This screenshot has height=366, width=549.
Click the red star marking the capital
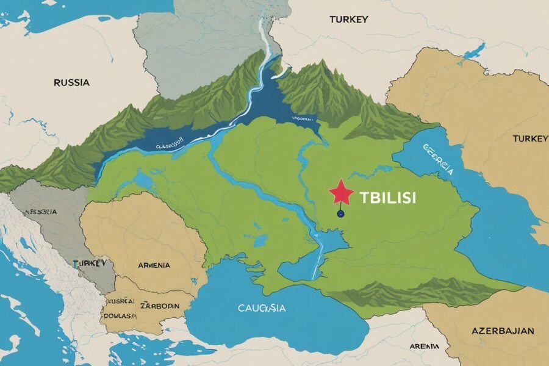coord(342,194)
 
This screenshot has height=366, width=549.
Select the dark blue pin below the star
coord(340,213)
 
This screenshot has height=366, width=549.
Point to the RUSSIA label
coord(71,82)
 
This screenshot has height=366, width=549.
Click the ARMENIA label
coord(154,265)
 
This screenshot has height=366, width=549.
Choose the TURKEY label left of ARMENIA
coord(90,263)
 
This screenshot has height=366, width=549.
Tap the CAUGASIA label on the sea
coord(262,308)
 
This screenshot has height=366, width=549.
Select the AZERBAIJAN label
coord(503,331)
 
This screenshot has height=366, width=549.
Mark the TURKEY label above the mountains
coord(349,20)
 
